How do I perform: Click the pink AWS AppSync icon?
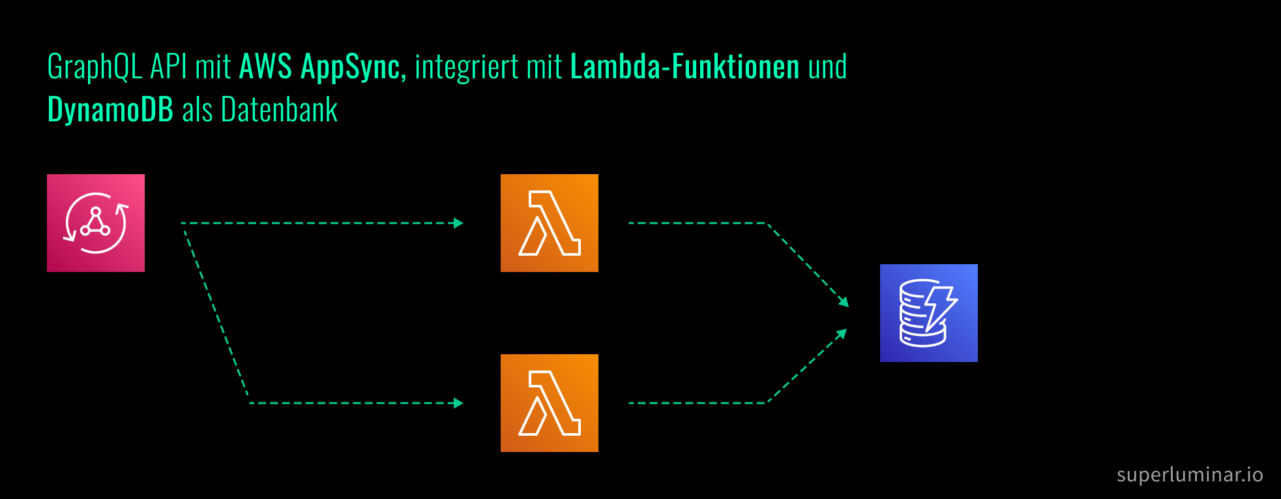(x=96, y=223)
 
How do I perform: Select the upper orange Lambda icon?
(x=549, y=223)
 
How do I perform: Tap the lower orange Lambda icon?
(x=549, y=403)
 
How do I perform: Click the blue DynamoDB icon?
(x=928, y=313)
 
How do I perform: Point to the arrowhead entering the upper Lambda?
(x=459, y=223)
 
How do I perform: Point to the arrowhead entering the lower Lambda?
(x=459, y=403)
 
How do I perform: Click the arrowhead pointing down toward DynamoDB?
(x=844, y=302)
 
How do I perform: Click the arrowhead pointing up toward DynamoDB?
(x=842, y=333)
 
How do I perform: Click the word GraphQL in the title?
(x=95, y=68)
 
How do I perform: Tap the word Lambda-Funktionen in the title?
(x=685, y=67)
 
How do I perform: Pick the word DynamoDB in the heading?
(x=110, y=110)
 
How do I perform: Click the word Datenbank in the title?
(x=279, y=110)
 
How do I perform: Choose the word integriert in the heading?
(x=466, y=68)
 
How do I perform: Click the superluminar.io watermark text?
(x=1190, y=474)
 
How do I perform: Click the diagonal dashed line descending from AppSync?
(x=215, y=313)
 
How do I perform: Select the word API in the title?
(x=168, y=67)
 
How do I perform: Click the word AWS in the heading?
(x=265, y=67)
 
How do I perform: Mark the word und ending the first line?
(x=827, y=67)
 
